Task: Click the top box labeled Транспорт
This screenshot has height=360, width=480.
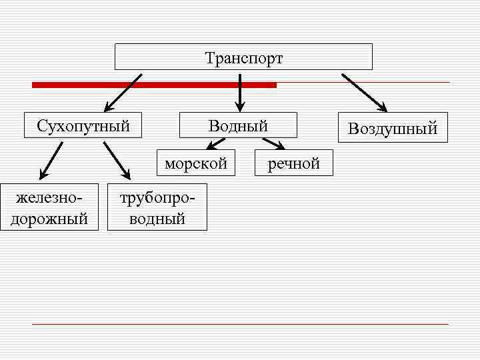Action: [x=243, y=57]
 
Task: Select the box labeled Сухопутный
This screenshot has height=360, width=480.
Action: [x=83, y=125]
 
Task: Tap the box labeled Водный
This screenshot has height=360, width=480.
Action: [x=238, y=125]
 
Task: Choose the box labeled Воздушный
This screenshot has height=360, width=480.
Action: [x=393, y=127]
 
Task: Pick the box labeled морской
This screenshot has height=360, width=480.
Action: [x=196, y=163]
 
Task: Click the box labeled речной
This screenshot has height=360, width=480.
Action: [x=293, y=163]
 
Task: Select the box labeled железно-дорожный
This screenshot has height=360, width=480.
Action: [x=49, y=207]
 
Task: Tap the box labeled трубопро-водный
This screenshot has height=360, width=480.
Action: [x=157, y=207]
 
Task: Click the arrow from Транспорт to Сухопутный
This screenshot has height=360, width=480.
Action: [x=123, y=92]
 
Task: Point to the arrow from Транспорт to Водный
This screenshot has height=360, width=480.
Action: [x=241, y=92]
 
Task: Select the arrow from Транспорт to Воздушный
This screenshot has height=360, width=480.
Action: [x=364, y=92]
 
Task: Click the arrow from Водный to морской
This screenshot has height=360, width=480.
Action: [x=217, y=143]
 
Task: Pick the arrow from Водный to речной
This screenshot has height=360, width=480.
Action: [x=273, y=143]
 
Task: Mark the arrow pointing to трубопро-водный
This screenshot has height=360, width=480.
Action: [x=116, y=160]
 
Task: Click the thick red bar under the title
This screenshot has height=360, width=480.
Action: [x=153, y=85]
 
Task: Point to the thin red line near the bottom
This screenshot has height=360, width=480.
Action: [x=240, y=324]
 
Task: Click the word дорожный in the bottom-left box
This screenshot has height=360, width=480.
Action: [x=49, y=217]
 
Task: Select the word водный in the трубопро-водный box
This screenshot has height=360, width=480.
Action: [x=157, y=217]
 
